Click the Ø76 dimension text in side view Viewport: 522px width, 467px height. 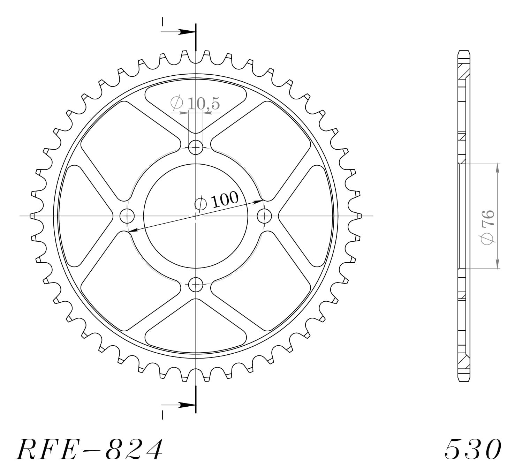pos(487,227)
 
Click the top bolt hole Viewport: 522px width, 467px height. pos(196,148)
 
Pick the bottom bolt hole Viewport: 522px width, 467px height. pos(196,285)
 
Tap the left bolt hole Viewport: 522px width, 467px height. pos(127,216)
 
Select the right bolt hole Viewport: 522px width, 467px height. pos(264,216)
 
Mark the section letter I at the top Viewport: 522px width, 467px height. pos(162,22)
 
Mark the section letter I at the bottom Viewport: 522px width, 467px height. pos(162,415)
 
